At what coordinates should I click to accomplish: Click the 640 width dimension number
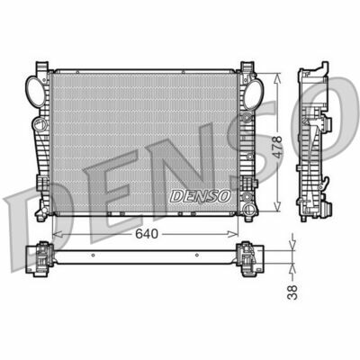pyautogui.click(x=136, y=232)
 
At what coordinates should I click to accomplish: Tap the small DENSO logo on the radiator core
pyautogui.click(x=202, y=193)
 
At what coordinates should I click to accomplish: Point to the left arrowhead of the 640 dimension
pyautogui.click(x=56, y=231)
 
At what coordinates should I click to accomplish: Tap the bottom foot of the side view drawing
pyautogui.click(x=314, y=215)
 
